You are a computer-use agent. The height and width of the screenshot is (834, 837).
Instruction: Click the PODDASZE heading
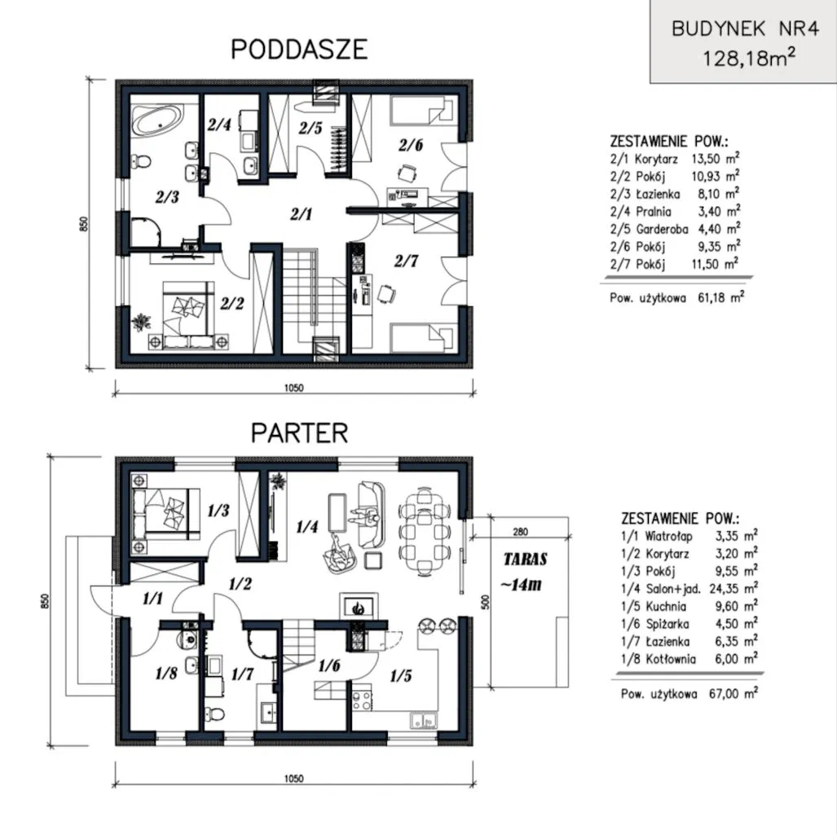(x=299, y=49)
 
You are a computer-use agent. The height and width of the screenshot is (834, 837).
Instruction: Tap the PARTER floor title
(x=299, y=432)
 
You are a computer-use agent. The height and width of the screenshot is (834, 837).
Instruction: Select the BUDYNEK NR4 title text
(x=745, y=29)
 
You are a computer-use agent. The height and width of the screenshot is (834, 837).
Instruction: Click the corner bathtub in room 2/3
(x=157, y=120)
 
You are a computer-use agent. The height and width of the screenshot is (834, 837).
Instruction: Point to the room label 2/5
(x=311, y=128)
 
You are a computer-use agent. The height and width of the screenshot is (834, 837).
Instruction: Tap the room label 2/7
(x=406, y=261)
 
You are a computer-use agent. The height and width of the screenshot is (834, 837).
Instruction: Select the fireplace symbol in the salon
(x=359, y=606)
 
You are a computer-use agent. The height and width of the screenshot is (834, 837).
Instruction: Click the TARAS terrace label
(x=525, y=560)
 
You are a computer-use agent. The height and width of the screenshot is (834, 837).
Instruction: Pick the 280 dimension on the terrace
(x=521, y=532)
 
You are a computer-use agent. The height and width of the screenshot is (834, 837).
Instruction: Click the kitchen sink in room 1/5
(x=423, y=721)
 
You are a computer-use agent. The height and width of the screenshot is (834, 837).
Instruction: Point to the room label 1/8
(x=166, y=674)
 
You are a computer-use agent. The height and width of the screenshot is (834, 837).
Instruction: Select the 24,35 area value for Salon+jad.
(x=724, y=589)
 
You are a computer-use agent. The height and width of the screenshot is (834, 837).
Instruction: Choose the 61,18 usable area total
(x=711, y=298)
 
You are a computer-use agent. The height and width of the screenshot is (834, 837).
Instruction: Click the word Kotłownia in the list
(x=671, y=659)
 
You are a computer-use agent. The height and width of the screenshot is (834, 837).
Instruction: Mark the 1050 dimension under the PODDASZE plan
(x=293, y=388)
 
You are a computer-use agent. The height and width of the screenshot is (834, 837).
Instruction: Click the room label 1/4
(x=307, y=527)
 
